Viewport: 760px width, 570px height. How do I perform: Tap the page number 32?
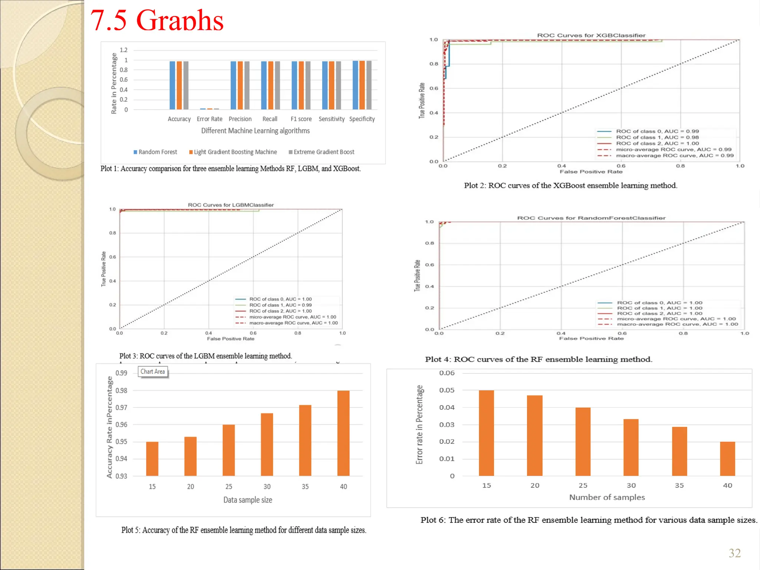click(x=734, y=553)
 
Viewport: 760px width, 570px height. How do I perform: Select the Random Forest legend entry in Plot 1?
click(x=155, y=152)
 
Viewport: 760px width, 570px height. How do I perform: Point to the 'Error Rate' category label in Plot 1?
click(x=209, y=119)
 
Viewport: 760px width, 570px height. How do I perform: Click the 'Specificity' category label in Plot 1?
click(x=362, y=119)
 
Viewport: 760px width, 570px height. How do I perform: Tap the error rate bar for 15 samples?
click(x=486, y=433)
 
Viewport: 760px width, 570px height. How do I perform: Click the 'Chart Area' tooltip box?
click(x=153, y=371)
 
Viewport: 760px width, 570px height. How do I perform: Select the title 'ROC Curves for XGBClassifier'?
click(x=591, y=36)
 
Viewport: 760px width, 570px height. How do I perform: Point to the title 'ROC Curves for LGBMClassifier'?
click(x=230, y=205)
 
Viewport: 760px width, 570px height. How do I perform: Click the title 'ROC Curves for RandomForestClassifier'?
click(x=591, y=218)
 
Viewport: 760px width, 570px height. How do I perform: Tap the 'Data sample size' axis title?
click(x=248, y=500)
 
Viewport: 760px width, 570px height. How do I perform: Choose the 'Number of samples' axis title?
click(x=607, y=497)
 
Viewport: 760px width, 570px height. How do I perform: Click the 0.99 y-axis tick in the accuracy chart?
click(x=121, y=373)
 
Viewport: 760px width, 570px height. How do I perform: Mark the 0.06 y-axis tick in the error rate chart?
click(x=447, y=373)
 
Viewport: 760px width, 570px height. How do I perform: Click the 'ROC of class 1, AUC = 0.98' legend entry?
click(x=657, y=137)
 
